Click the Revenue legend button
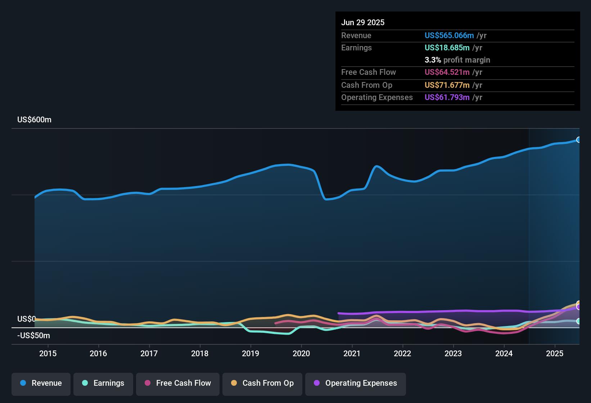41,383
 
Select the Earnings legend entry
103,383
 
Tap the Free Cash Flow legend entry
178,383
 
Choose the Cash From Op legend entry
262,383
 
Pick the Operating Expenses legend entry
356,383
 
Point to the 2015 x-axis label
48,354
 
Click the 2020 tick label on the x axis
301,354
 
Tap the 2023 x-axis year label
453,354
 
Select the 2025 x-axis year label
555,354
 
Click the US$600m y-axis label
34,120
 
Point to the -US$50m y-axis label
33,336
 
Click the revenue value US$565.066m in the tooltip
449,36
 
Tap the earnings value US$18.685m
447,48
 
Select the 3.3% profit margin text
457,60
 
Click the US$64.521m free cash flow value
447,72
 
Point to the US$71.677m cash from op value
447,85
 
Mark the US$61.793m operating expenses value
447,98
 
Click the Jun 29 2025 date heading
363,23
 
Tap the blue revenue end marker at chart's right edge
579,140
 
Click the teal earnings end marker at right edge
579,321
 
